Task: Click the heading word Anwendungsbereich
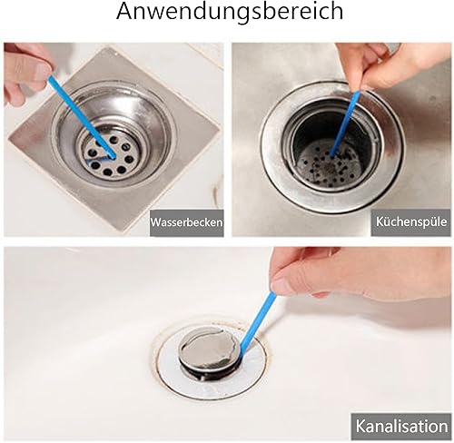tap(230, 12)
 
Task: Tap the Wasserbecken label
tap(187, 222)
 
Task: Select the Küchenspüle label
tap(411, 221)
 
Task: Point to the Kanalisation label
tap(401, 426)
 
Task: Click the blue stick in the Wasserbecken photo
tap(82, 117)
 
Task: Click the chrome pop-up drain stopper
tap(210, 352)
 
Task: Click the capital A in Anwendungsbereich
tap(124, 12)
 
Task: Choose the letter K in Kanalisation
tap(361, 426)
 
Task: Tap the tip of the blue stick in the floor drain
tap(113, 157)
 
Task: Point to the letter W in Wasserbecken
tap(157, 222)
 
